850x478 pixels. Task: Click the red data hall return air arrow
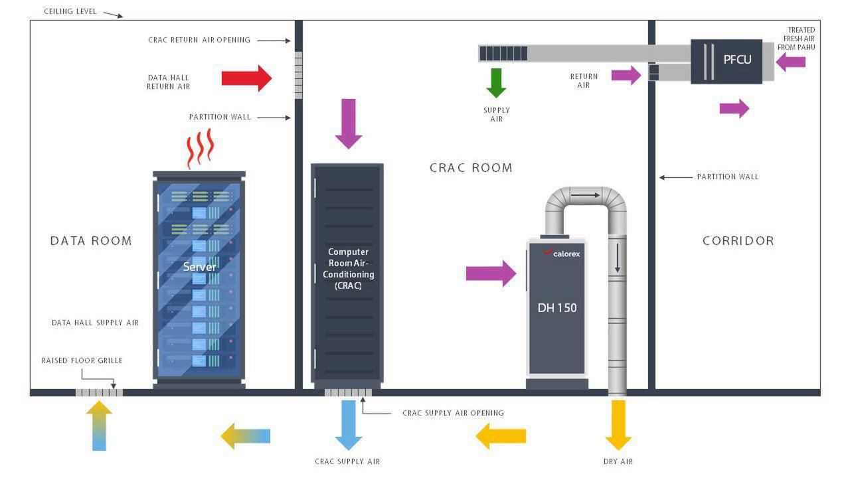[246, 78]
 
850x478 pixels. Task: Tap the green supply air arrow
[496, 82]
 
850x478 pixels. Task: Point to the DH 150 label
[557, 308]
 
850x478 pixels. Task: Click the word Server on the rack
[200, 267]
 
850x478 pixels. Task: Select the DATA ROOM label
[91, 241]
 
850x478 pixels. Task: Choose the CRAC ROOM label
[471, 168]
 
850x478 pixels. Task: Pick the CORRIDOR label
[738, 241]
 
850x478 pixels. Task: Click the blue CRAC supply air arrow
[349, 425]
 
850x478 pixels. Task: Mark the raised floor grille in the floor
[99, 392]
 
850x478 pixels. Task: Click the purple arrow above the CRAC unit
[349, 123]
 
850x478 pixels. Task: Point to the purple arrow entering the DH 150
[491, 274]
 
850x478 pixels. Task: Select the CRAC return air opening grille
[298, 76]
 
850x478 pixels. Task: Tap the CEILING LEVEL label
[70, 11]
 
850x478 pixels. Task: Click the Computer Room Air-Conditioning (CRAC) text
[348, 268]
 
